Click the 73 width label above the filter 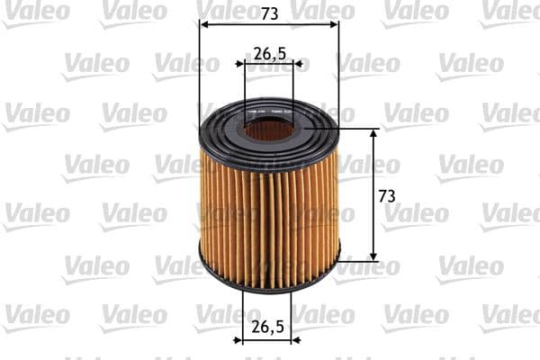(269, 14)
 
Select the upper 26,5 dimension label (269, 54)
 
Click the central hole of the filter (269, 130)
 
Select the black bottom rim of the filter (269, 280)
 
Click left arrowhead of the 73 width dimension (202, 26)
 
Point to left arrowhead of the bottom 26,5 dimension (238, 341)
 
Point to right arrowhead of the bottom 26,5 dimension (301, 341)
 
